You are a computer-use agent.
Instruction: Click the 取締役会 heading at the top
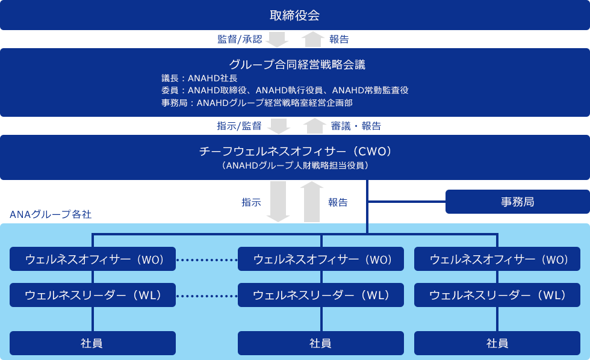(295, 16)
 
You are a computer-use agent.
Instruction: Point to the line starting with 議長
(199, 78)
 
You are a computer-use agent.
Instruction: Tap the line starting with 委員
(285, 90)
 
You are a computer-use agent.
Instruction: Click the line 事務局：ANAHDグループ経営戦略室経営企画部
(256, 103)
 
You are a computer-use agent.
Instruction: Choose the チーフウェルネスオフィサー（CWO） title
(295, 151)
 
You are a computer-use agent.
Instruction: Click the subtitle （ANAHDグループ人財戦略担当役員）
(295, 165)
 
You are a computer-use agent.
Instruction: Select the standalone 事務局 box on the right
(517, 202)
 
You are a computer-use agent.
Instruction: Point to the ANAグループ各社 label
(51, 214)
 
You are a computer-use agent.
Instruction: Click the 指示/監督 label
(239, 126)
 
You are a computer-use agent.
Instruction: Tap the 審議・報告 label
(356, 126)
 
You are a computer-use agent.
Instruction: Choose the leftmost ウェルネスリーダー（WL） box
(93, 295)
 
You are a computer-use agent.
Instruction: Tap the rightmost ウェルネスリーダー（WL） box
(497, 295)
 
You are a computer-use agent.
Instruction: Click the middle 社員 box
(321, 343)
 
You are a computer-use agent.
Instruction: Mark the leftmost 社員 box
(93, 343)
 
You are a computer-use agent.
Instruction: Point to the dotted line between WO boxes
(207, 260)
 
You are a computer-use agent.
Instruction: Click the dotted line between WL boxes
(207, 296)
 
